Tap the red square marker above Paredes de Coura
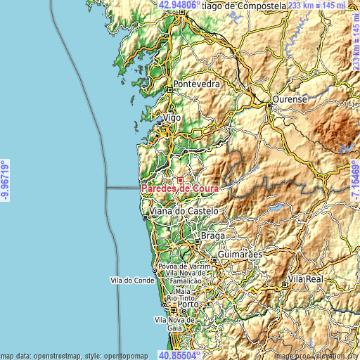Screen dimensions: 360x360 (180, 180)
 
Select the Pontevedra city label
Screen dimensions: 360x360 (197, 84)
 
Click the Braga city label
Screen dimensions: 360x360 (212, 236)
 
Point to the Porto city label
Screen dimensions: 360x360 (187, 305)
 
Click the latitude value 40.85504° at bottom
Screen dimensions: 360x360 (180, 355)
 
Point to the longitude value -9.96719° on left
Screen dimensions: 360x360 (6, 180)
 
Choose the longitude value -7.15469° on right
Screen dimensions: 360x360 (354, 180)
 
